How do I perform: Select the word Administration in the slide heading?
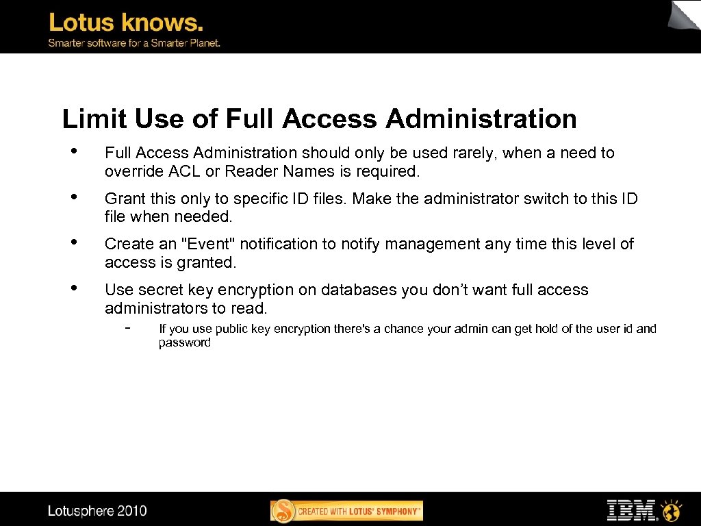click(x=481, y=119)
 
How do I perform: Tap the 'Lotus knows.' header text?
click(x=126, y=23)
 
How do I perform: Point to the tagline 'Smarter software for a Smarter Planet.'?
click(x=133, y=42)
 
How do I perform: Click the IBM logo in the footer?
click(x=631, y=510)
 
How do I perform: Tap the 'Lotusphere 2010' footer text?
click(x=97, y=510)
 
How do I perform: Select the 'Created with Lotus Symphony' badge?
click(x=346, y=511)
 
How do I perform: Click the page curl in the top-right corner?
click(x=685, y=15)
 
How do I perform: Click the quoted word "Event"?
click(x=205, y=244)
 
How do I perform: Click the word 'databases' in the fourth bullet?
click(x=359, y=290)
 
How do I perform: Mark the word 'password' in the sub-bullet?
click(x=185, y=342)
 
